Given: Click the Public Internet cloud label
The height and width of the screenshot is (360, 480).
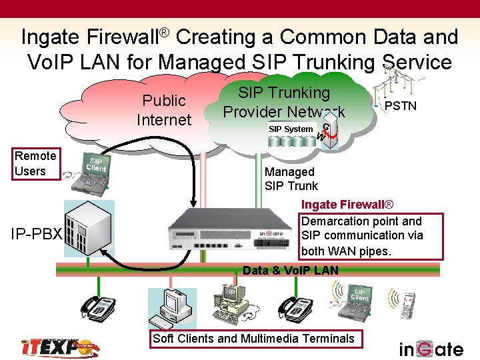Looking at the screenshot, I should (x=163, y=110).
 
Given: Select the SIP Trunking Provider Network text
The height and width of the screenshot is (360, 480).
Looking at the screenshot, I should (x=284, y=102).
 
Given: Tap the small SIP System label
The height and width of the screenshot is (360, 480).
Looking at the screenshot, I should (x=290, y=129).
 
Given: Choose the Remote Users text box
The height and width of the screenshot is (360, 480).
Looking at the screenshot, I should (x=35, y=164).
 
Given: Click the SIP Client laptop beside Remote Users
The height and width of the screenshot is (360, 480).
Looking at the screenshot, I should (x=95, y=171).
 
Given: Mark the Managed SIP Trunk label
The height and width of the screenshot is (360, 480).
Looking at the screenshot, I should (x=291, y=179).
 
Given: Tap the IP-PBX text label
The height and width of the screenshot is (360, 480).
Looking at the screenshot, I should (x=36, y=235).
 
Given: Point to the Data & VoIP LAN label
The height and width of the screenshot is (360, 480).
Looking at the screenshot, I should (x=291, y=270).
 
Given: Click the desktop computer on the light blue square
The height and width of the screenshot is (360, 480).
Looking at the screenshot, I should (x=172, y=308).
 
